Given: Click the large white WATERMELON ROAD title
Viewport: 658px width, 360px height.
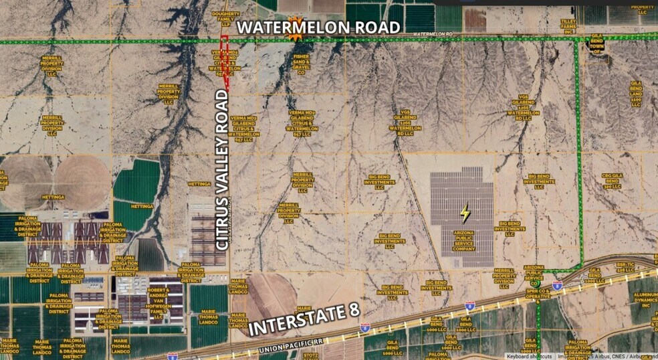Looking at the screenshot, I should click(x=319, y=27).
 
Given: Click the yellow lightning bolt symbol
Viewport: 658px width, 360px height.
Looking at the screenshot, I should click(x=465, y=213).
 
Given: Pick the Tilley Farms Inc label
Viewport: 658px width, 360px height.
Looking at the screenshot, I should click(x=568, y=26).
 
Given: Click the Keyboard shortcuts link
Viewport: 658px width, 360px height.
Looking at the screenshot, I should click(x=529, y=356).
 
